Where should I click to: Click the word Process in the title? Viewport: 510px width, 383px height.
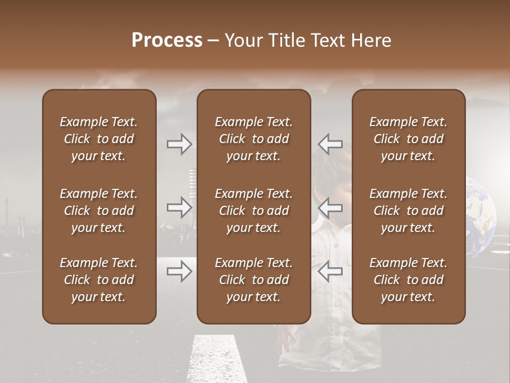tap(167, 40)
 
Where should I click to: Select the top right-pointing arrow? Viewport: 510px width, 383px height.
tap(179, 144)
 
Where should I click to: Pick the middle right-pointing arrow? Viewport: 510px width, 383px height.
tap(179, 207)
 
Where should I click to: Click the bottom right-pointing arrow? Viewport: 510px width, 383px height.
tap(179, 272)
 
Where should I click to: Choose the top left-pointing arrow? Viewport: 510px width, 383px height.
tap(330, 144)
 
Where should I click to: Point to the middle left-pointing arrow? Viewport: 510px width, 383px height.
tap(330, 207)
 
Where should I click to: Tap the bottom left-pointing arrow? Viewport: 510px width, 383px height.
tap(330, 272)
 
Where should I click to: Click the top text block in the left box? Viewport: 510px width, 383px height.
tap(99, 139)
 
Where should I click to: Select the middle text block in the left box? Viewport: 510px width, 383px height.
tap(99, 211)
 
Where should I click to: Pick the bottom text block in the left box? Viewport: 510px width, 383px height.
tap(99, 280)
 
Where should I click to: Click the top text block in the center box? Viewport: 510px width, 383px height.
tap(253, 139)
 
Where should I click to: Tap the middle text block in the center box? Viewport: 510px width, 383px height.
tap(253, 211)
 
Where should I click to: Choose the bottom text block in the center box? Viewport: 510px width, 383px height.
tap(253, 280)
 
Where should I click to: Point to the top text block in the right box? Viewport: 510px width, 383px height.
tap(409, 139)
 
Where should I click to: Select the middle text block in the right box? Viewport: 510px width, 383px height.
tap(409, 211)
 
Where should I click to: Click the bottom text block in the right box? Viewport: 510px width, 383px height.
tap(409, 280)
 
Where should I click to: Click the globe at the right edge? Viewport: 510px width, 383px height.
tap(482, 215)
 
